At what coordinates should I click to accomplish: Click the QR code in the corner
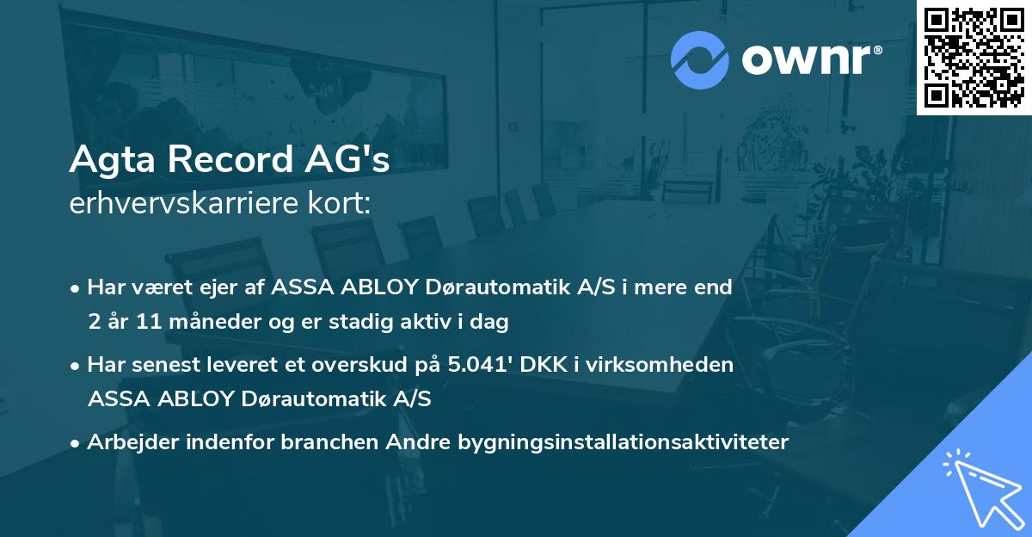point(974,57)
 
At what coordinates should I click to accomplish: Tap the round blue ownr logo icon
point(701,59)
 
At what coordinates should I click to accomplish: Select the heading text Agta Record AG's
point(230,159)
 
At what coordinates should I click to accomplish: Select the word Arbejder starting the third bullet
point(127,442)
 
